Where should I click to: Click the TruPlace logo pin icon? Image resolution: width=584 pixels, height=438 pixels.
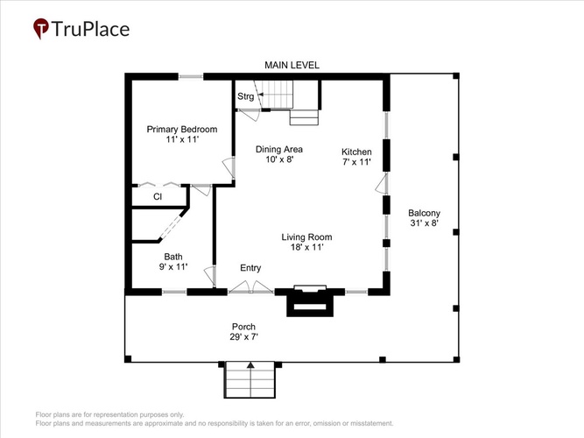coord(40,28)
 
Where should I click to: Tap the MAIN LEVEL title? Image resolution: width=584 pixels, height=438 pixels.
coord(292,65)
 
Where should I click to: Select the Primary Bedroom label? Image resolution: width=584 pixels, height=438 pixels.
coord(182,130)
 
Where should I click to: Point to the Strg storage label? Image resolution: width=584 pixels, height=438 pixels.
coord(245,96)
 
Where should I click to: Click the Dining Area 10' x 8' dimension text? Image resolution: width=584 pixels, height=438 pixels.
coord(280,159)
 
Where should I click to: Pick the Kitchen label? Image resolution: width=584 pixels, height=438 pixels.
coord(356,152)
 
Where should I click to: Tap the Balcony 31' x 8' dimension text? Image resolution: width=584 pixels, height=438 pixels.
coord(425,223)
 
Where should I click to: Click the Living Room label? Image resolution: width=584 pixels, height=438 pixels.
coord(306,237)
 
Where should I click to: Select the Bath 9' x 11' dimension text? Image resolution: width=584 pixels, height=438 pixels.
coord(173,267)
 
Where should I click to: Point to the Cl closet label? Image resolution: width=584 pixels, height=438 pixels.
coord(158,196)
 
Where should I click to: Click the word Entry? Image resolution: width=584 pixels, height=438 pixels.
coord(250,268)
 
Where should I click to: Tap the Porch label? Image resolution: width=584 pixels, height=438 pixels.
coord(243,327)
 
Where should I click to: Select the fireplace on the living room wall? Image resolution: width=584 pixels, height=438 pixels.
coord(310,300)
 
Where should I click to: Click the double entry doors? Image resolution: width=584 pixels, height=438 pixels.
coord(250,287)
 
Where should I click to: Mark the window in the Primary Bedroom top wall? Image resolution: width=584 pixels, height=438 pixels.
coord(191,77)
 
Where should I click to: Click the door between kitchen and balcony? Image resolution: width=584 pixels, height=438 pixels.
coord(382,183)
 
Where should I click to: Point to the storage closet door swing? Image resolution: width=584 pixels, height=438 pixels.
coord(250,115)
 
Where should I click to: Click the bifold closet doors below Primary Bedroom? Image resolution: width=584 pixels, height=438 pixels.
coord(159,184)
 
